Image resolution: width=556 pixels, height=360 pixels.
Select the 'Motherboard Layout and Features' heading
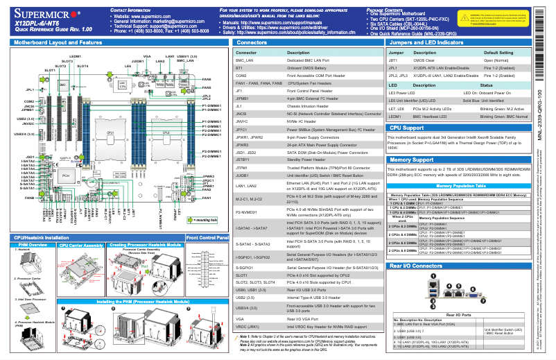pos(59,42)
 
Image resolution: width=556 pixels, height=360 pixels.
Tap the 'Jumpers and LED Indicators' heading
pos(431,42)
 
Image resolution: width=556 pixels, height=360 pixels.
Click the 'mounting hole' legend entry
pos(205,220)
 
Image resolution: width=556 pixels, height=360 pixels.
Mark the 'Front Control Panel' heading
pos(207,238)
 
